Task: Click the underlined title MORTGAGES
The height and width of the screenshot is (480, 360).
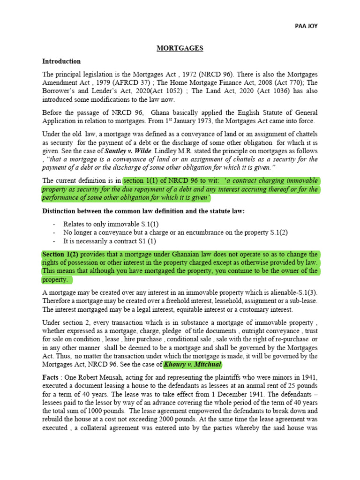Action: point(180,48)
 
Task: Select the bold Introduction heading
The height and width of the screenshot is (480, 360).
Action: point(61,61)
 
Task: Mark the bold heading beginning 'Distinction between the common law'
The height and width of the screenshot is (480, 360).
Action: point(143,211)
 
